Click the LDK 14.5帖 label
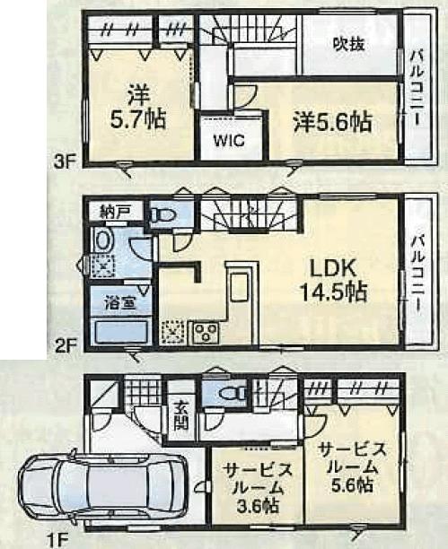click(334, 279)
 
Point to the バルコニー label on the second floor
click(417, 268)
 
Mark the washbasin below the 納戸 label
click(104, 241)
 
